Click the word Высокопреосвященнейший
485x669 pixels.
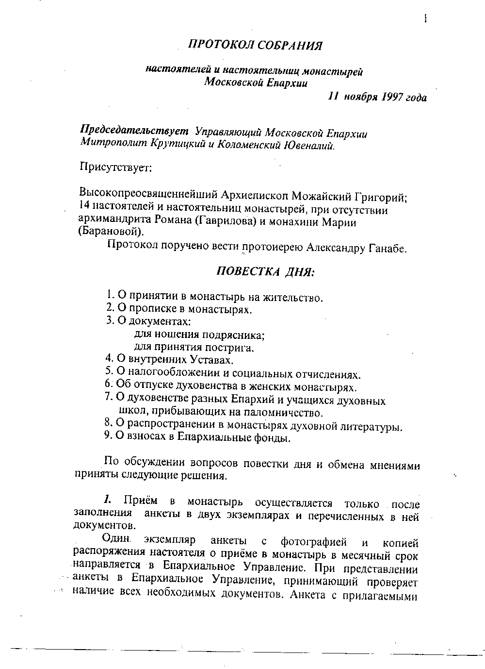pyautogui.click(x=148, y=198)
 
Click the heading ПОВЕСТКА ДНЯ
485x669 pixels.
pyautogui.click(x=265, y=271)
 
